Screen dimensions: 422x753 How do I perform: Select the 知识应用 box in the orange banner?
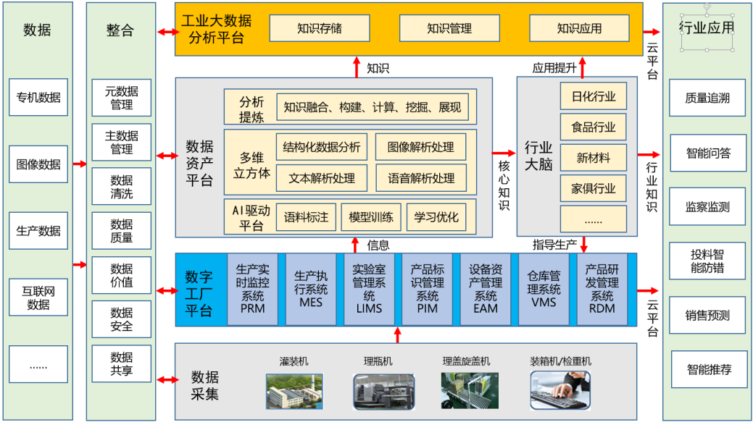(x=579, y=29)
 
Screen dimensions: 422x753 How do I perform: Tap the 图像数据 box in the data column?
(x=38, y=164)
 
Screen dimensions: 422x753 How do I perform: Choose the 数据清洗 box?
(x=122, y=187)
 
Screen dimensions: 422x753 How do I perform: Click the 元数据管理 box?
(x=122, y=98)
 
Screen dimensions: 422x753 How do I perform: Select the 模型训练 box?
(x=370, y=216)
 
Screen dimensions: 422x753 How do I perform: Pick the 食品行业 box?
(x=594, y=127)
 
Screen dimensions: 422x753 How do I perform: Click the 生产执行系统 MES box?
(x=311, y=289)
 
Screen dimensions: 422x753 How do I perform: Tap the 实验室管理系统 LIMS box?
(x=370, y=289)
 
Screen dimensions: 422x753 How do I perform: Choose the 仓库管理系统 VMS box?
(x=544, y=289)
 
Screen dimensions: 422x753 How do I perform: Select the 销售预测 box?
(x=707, y=316)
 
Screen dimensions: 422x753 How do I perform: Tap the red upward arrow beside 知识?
(x=356, y=67)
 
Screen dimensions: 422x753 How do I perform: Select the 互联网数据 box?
(x=38, y=298)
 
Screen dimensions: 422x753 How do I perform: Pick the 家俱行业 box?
(x=594, y=188)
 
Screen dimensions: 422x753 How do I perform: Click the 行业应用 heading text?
(x=707, y=28)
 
